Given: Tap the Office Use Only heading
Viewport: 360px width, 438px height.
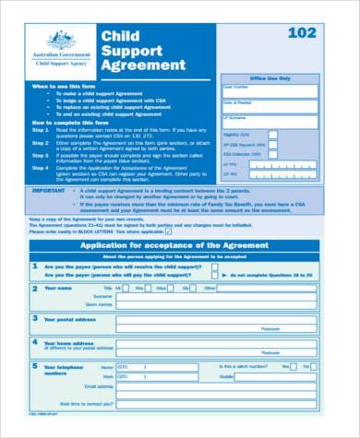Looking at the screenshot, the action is [274, 80].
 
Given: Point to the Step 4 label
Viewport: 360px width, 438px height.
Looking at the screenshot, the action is [40, 168].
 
